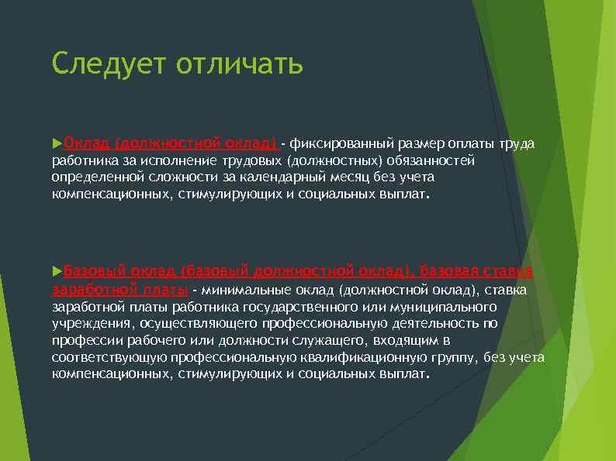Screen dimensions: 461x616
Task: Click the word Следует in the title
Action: click(109, 64)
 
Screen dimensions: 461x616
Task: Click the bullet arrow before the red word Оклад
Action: click(56, 144)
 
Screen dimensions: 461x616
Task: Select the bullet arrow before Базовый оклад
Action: click(56, 271)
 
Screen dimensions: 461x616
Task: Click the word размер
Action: click(422, 144)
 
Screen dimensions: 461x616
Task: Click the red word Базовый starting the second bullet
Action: click(94, 271)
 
